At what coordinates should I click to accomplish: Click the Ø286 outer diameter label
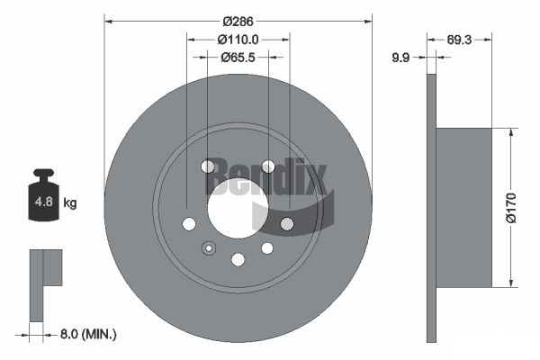coord(238,22)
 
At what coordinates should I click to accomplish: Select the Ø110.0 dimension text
coord(238,40)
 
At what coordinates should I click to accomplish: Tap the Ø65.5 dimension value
coord(238,58)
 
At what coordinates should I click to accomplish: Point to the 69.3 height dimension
coord(459,40)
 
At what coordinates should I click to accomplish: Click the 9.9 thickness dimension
coord(400,58)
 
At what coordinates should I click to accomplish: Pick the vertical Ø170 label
coord(511,208)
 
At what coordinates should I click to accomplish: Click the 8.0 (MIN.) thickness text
coord(88,334)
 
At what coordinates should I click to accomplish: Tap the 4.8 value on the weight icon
coord(44,202)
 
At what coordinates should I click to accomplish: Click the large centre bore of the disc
coord(238,209)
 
